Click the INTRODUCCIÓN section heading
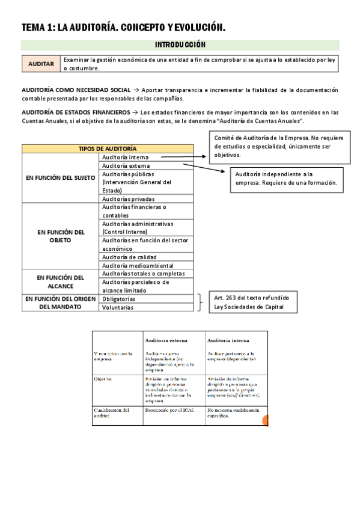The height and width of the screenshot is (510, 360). point(180,45)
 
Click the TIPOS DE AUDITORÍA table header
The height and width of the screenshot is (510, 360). point(108,149)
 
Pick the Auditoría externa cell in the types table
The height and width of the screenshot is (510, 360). point(126,165)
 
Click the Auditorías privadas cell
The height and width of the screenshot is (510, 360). point(129,198)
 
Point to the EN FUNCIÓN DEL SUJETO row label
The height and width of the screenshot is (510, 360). point(60,178)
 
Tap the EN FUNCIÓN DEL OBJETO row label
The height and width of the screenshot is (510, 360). point(60,236)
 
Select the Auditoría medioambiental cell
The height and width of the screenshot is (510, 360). point(138,265)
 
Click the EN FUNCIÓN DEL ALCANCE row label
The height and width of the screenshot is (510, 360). point(60,281)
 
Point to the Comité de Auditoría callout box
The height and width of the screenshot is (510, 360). point(280,147)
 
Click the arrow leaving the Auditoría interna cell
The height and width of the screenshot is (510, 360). point(183,157)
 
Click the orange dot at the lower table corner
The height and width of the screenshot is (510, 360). point(266,422)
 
